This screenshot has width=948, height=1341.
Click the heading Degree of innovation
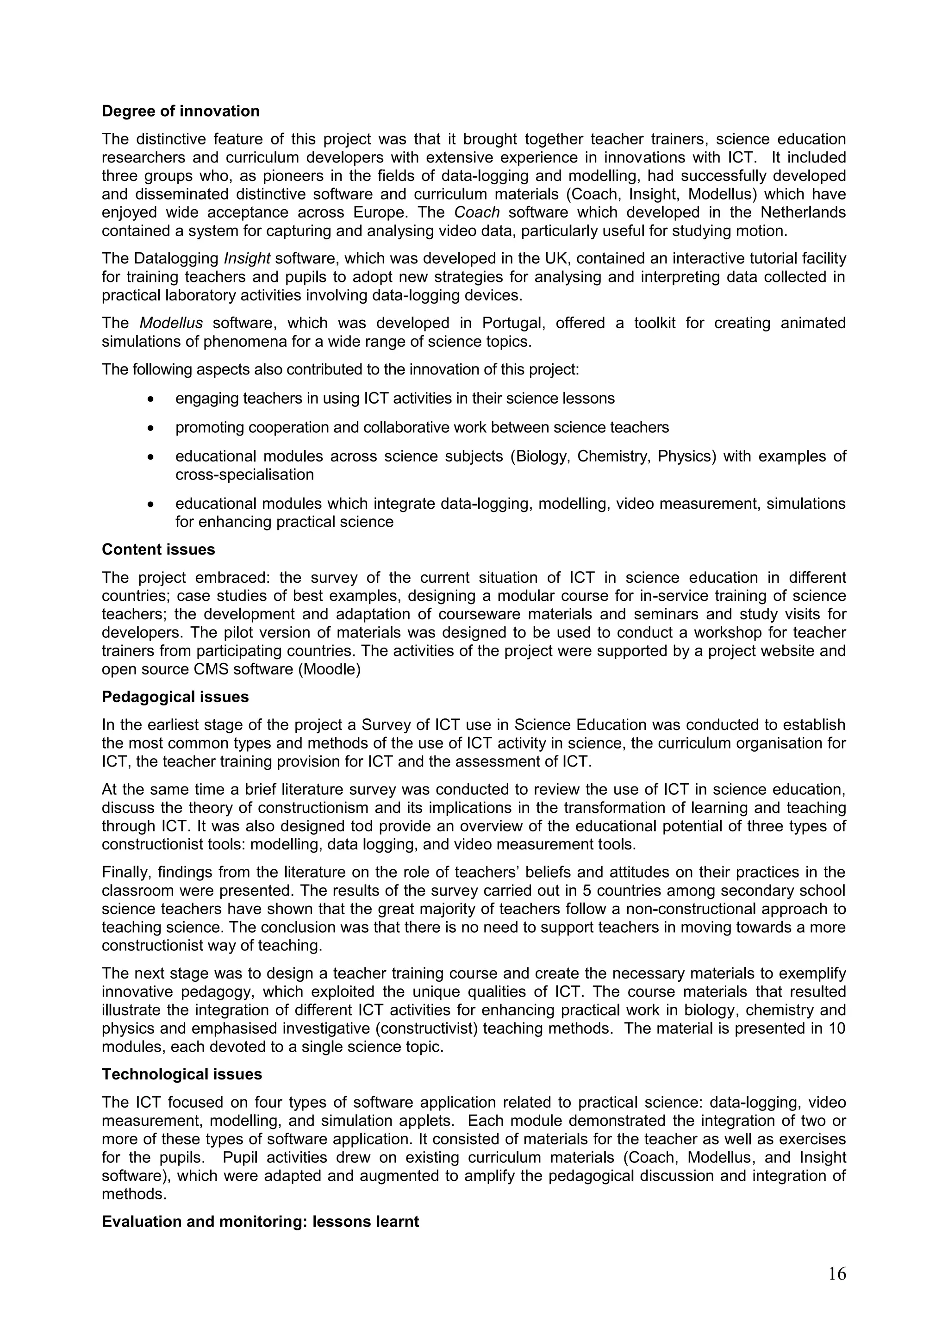tap(181, 111)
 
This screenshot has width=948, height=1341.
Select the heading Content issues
tap(158, 549)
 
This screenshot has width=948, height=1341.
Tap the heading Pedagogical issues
tap(175, 697)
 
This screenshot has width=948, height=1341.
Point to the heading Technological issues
tap(181, 1074)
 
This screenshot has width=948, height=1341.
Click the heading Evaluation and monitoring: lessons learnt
tap(261, 1221)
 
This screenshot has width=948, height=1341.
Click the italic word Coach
tap(477, 212)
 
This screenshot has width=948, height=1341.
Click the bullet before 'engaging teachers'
tap(151, 399)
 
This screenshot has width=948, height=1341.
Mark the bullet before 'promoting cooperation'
tap(151, 428)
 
